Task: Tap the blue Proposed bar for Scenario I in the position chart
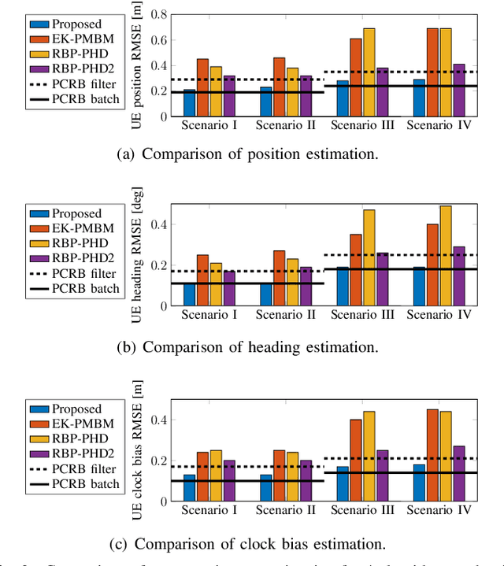pyautogui.click(x=189, y=103)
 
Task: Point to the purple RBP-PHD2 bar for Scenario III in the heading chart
pyautogui.click(x=382, y=279)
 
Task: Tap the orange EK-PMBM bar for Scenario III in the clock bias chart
pyautogui.click(x=355, y=461)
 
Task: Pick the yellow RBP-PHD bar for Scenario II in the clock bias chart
pyautogui.click(x=291, y=476)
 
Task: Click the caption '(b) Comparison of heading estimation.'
pyautogui.click(x=246, y=346)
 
